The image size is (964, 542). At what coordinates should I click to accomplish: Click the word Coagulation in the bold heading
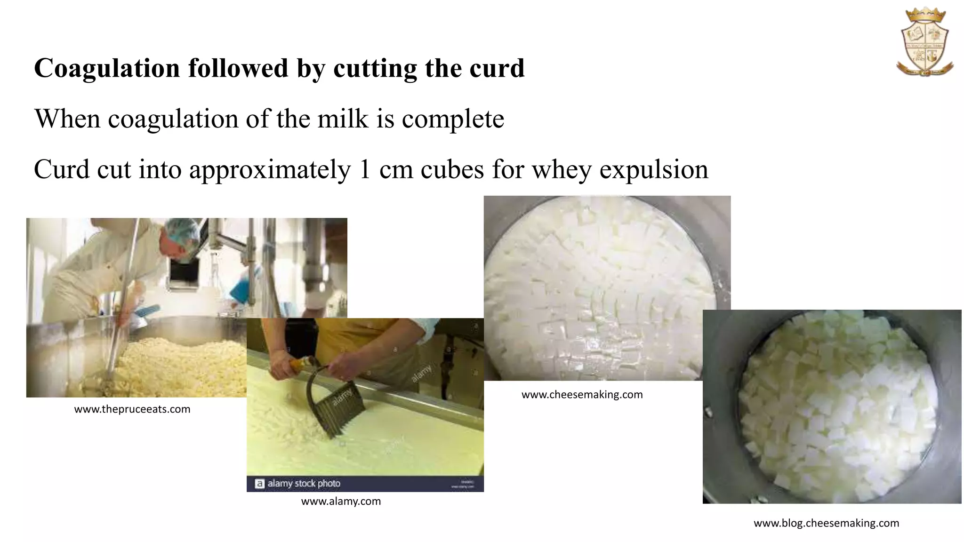(107, 68)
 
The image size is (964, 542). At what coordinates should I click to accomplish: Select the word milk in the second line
(343, 119)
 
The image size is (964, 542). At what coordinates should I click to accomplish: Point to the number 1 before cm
(365, 169)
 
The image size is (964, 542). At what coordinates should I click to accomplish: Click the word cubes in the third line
(452, 169)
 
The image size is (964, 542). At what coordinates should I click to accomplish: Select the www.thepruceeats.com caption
(132, 409)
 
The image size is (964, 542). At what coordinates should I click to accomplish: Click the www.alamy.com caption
(341, 502)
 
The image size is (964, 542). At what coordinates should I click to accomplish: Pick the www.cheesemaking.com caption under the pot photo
(582, 395)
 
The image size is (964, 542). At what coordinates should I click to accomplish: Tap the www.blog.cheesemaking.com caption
(826, 523)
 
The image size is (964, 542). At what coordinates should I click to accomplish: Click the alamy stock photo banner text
(304, 483)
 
